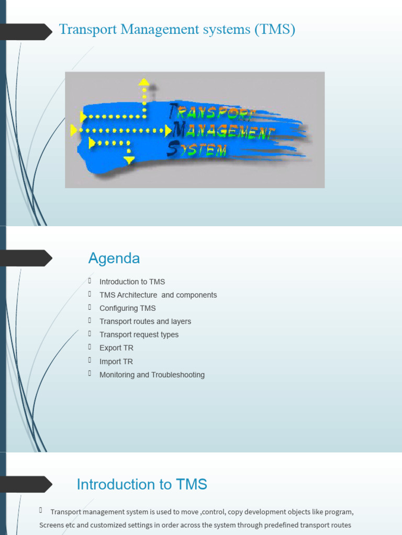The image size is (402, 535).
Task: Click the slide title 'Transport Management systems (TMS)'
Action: [177, 30]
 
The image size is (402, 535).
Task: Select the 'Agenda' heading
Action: [114, 259]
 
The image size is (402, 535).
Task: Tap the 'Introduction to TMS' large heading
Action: [142, 485]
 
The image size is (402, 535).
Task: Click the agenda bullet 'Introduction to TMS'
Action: [132, 282]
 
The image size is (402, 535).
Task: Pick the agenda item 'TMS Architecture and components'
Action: [158, 295]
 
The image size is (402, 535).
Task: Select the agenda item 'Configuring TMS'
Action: [127, 308]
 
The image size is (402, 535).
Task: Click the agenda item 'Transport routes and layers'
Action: [145, 321]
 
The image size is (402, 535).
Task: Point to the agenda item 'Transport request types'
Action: [139, 335]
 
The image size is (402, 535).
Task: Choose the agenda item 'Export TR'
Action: [116, 348]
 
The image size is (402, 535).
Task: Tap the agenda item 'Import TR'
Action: [116, 362]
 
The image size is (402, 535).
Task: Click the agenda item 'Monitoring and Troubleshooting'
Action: [152, 375]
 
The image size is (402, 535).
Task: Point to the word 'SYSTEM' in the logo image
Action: [198, 150]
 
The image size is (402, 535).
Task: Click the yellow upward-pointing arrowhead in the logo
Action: [144, 82]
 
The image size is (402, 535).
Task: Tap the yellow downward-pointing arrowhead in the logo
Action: [129, 160]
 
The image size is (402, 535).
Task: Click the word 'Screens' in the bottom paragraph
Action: [52, 525]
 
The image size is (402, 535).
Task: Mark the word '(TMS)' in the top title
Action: [275, 30]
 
